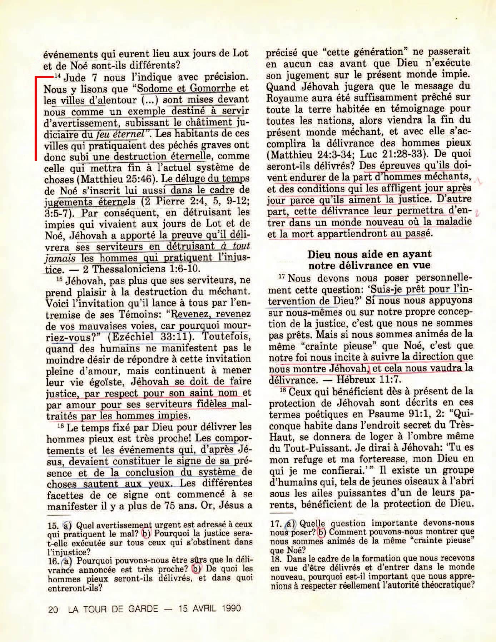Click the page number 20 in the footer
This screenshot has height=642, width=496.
(x=53, y=609)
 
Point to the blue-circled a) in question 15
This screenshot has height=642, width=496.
(x=67, y=526)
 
